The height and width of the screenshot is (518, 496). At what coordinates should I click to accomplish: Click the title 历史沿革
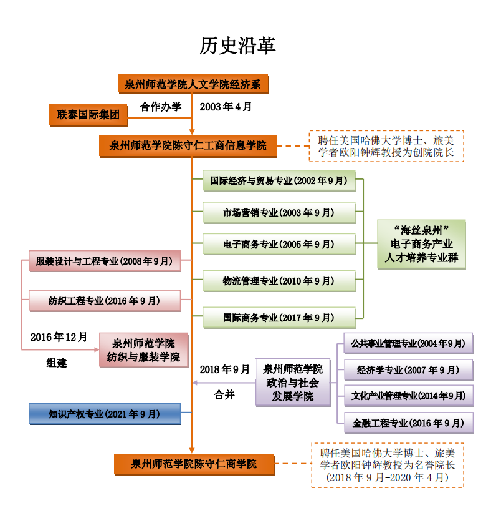pyautogui.click(x=237, y=45)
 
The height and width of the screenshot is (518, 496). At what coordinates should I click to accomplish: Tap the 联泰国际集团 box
pyautogui.click(x=88, y=114)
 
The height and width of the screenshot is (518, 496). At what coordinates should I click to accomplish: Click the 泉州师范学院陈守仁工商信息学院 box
pyautogui.click(x=188, y=146)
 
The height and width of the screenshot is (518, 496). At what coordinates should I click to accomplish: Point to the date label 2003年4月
pyautogui.click(x=226, y=107)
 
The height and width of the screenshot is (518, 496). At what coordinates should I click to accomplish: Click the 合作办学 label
pyautogui.click(x=161, y=107)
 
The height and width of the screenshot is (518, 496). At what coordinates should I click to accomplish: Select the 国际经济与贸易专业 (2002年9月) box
pyautogui.click(x=279, y=181)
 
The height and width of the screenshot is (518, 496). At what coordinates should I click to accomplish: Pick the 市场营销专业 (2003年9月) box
pyautogui.click(x=279, y=213)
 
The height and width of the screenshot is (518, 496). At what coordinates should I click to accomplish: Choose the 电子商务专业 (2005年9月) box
pyautogui.click(x=279, y=244)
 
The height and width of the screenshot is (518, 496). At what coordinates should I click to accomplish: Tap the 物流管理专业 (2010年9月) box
pyautogui.click(x=279, y=281)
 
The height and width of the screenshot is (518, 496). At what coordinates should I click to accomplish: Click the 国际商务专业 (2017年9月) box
pyautogui.click(x=279, y=318)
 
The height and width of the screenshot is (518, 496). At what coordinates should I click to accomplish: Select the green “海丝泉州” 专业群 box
pyautogui.click(x=421, y=244)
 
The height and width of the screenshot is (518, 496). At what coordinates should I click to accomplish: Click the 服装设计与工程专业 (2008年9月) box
pyautogui.click(x=105, y=261)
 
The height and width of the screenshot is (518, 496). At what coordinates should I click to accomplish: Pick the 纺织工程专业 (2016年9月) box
pyautogui.click(x=105, y=300)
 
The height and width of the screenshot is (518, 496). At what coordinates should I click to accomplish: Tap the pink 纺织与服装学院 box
pyautogui.click(x=143, y=350)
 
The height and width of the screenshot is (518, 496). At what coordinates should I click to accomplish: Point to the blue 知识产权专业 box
pyautogui.click(x=105, y=414)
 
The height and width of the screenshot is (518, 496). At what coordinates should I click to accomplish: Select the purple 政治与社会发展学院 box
pyautogui.click(x=292, y=383)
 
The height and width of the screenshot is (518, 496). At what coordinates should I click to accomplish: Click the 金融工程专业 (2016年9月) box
pyautogui.click(x=408, y=423)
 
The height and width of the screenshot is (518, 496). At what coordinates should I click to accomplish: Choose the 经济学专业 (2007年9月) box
pyautogui.click(x=408, y=370)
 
